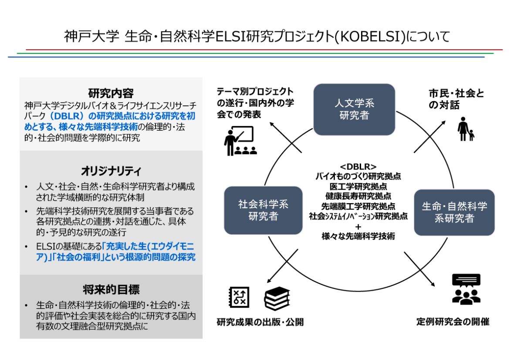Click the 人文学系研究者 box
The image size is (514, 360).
coord(354,109)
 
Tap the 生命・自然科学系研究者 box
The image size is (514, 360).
coord(454,212)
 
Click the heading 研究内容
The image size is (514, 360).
coord(111,93)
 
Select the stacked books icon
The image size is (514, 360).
coord(277,298)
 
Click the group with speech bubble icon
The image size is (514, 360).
coord(466,289)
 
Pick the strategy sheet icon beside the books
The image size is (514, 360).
coord(239,297)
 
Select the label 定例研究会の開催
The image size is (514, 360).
coord(453,322)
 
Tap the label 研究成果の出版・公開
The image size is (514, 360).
coord(260,323)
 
